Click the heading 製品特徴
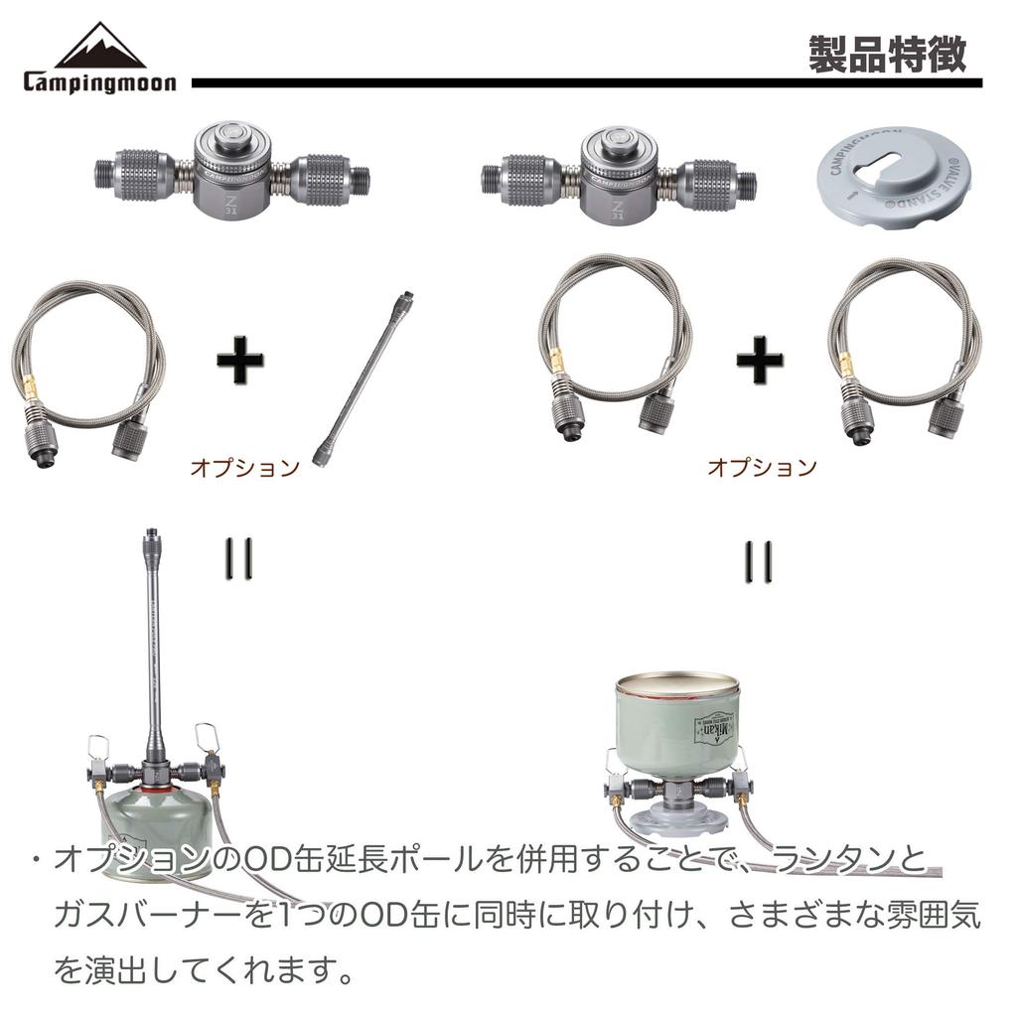point(886,55)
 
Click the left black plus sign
point(240,363)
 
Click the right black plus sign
point(759,363)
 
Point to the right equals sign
point(759,560)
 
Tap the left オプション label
point(244,467)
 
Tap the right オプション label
point(762,467)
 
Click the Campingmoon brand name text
point(99,81)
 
